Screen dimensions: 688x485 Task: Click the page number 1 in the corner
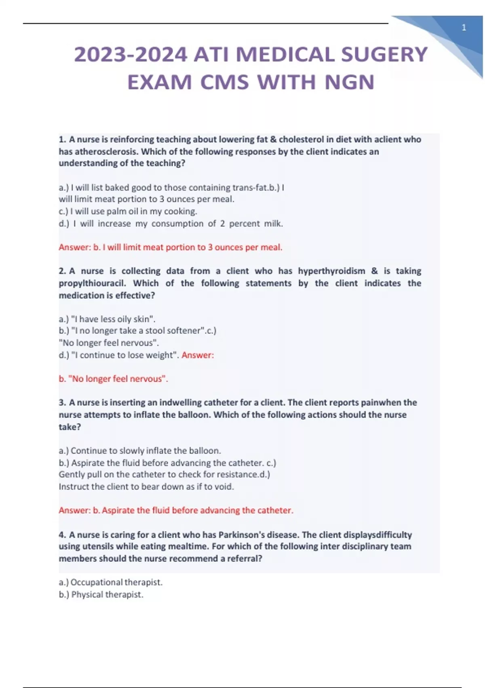[464, 28]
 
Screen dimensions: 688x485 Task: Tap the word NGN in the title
[350, 82]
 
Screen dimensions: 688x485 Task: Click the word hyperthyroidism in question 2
[331, 271]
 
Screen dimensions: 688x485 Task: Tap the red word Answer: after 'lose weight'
[198, 355]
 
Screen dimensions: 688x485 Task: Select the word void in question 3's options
[224, 486]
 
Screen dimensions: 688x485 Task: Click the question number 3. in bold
[62, 403]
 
